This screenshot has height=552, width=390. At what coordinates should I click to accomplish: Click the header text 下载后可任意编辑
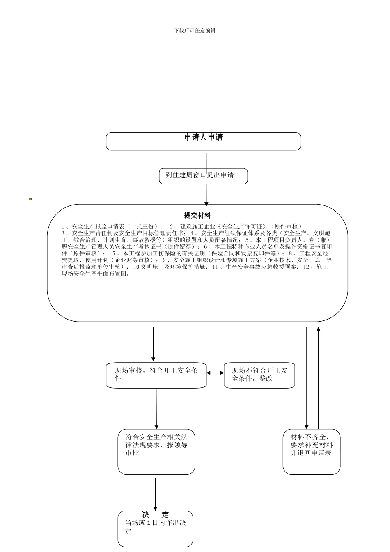[195, 30]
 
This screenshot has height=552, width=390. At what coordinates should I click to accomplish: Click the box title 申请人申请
[203, 138]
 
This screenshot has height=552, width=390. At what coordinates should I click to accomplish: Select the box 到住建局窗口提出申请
[203, 176]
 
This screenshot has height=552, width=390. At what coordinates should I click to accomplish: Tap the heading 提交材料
[197, 215]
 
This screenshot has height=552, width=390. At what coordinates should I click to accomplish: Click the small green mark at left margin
[30, 199]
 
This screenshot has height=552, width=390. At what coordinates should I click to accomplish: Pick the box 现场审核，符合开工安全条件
[156, 375]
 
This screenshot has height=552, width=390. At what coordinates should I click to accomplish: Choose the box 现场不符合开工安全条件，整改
[259, 375]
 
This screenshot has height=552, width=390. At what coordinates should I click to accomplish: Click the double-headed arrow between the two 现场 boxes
[215, 373]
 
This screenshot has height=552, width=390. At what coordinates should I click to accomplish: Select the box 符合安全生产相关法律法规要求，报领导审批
[156, 451]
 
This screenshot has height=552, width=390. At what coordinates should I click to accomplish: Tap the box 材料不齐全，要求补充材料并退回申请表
[311, 451]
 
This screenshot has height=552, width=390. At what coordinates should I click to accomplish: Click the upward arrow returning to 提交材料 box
[318, 378]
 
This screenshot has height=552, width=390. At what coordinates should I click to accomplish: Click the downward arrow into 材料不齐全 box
[306, 378]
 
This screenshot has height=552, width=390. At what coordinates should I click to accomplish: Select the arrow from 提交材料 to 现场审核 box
[154, 344]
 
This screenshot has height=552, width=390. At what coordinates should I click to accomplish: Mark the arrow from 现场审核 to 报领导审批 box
[156, 409]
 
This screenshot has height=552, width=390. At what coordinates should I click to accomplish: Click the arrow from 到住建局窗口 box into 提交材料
[206, 195]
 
